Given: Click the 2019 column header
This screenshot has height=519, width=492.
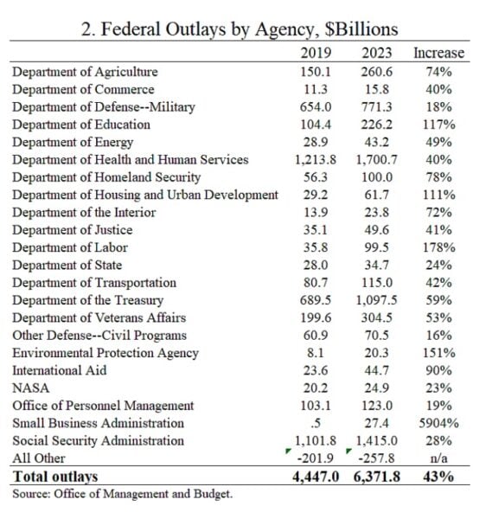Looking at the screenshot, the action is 316,53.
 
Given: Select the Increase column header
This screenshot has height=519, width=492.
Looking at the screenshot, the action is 438,53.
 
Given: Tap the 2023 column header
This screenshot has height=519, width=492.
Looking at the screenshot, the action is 376,53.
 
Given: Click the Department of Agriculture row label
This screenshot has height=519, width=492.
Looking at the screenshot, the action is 85,72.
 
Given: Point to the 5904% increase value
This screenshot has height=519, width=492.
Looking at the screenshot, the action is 438,423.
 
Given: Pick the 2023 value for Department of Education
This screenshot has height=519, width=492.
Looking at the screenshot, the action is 376,125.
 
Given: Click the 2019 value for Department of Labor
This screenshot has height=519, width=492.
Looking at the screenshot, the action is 316,247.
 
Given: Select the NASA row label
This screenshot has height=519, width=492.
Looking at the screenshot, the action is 31,388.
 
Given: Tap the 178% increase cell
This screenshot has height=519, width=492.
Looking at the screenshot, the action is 438,247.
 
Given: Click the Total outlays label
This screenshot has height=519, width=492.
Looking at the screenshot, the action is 55,477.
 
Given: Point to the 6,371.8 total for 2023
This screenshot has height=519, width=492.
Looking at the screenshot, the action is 376,477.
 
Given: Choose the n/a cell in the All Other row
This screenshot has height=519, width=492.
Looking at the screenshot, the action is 438,458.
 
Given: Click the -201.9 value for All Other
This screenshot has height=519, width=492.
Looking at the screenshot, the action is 316,458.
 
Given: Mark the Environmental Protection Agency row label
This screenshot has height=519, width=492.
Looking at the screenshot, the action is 105,353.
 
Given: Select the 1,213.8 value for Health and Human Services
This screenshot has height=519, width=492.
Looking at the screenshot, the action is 316,160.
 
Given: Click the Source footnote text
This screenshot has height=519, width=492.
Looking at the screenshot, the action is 123,494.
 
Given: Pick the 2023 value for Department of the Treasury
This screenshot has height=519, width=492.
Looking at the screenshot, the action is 376,300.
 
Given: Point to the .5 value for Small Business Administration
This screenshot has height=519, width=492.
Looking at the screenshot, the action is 316,423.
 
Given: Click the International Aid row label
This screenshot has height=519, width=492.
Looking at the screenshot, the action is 60,370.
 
